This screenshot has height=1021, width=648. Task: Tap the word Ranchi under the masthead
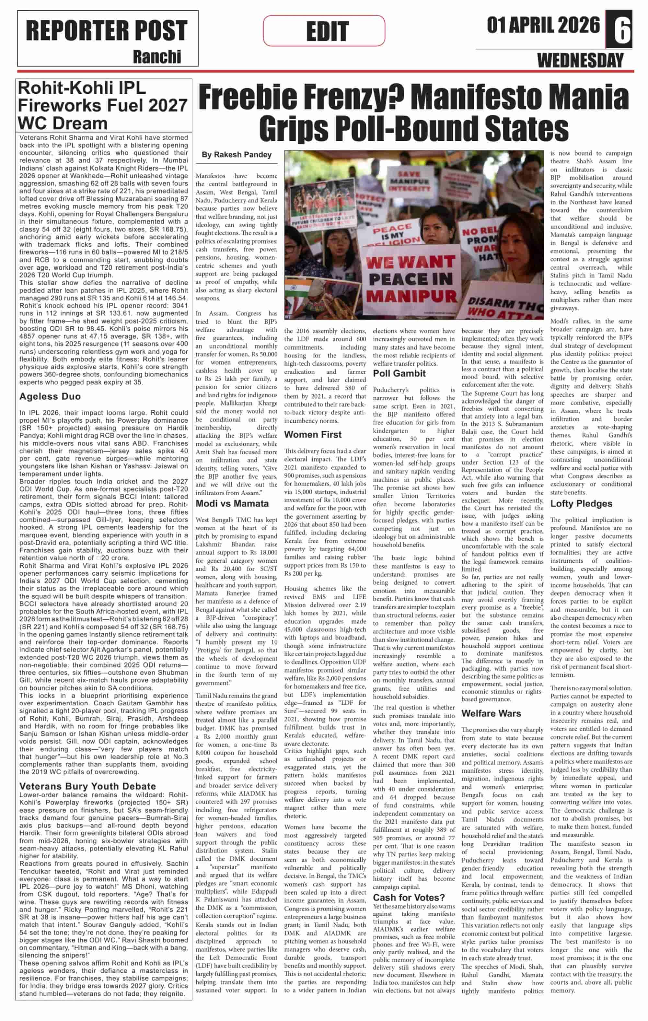157,57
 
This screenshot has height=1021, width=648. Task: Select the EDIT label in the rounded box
327,31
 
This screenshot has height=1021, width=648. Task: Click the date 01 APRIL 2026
543,25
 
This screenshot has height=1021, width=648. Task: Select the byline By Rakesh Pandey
237,155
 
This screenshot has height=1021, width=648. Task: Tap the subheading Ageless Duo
50,396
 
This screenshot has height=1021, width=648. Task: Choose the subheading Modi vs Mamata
232,503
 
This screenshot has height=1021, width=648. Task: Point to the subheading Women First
313,434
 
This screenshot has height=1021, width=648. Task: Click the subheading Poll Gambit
399,373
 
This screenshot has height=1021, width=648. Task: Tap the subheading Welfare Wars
491,713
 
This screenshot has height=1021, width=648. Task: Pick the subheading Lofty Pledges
581,503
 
